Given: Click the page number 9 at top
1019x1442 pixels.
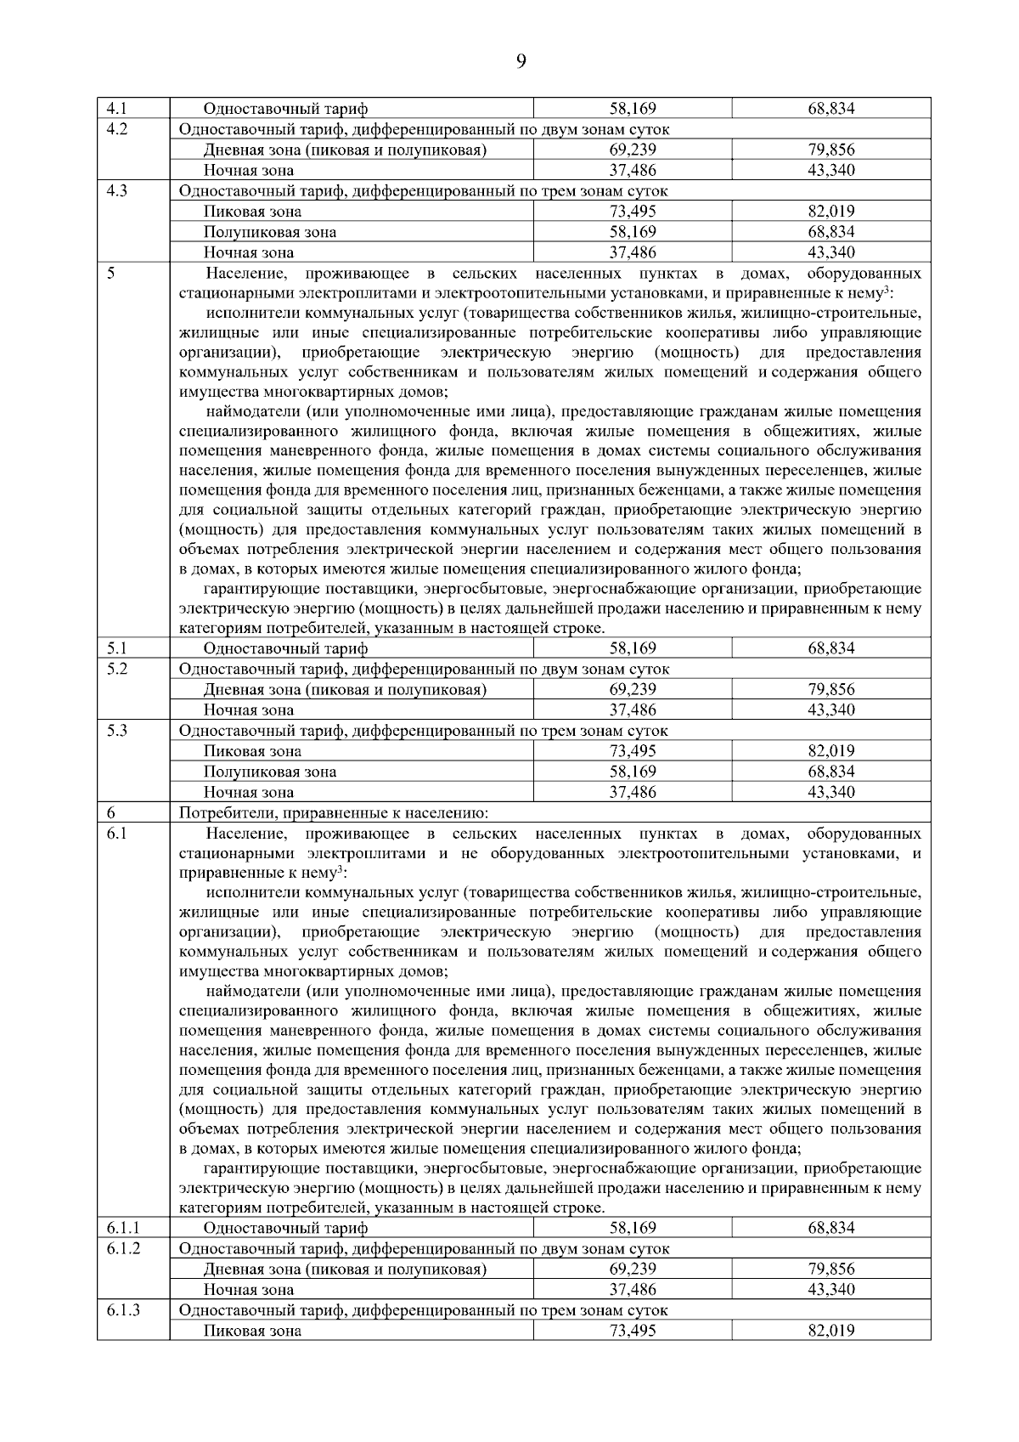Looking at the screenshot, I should [521, 60].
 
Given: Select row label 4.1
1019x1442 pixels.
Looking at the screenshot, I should [116, 109].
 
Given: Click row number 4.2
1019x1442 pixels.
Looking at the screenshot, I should [116, 129].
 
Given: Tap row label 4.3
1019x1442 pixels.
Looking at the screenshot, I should [116, 191].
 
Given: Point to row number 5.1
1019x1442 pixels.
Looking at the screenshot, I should [116, 648].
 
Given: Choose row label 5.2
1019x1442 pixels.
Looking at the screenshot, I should [116, 669].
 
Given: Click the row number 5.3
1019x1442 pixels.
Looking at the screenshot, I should [116, 730].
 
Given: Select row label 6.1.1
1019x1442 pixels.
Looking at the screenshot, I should [123, 1228].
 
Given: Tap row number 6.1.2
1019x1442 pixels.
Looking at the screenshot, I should [123, 1248].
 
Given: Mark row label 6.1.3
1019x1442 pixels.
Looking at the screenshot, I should [123, 1310].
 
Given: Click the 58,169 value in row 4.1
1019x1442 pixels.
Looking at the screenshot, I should [633, 109].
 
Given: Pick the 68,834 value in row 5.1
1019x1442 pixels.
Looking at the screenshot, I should [830, 648].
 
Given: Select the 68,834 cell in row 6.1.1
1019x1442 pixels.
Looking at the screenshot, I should [830, 1228].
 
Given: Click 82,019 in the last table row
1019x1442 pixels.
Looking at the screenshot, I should [830, 1331].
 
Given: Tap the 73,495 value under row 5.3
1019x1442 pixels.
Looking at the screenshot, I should [633, 751].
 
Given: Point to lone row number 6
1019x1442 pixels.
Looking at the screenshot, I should [111, 813].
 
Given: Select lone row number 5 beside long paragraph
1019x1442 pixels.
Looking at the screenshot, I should [111, 274].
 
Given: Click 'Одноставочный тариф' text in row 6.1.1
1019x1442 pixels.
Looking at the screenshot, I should [285, 1228].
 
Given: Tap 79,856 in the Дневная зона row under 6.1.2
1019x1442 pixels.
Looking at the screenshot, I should [830, 1269].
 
